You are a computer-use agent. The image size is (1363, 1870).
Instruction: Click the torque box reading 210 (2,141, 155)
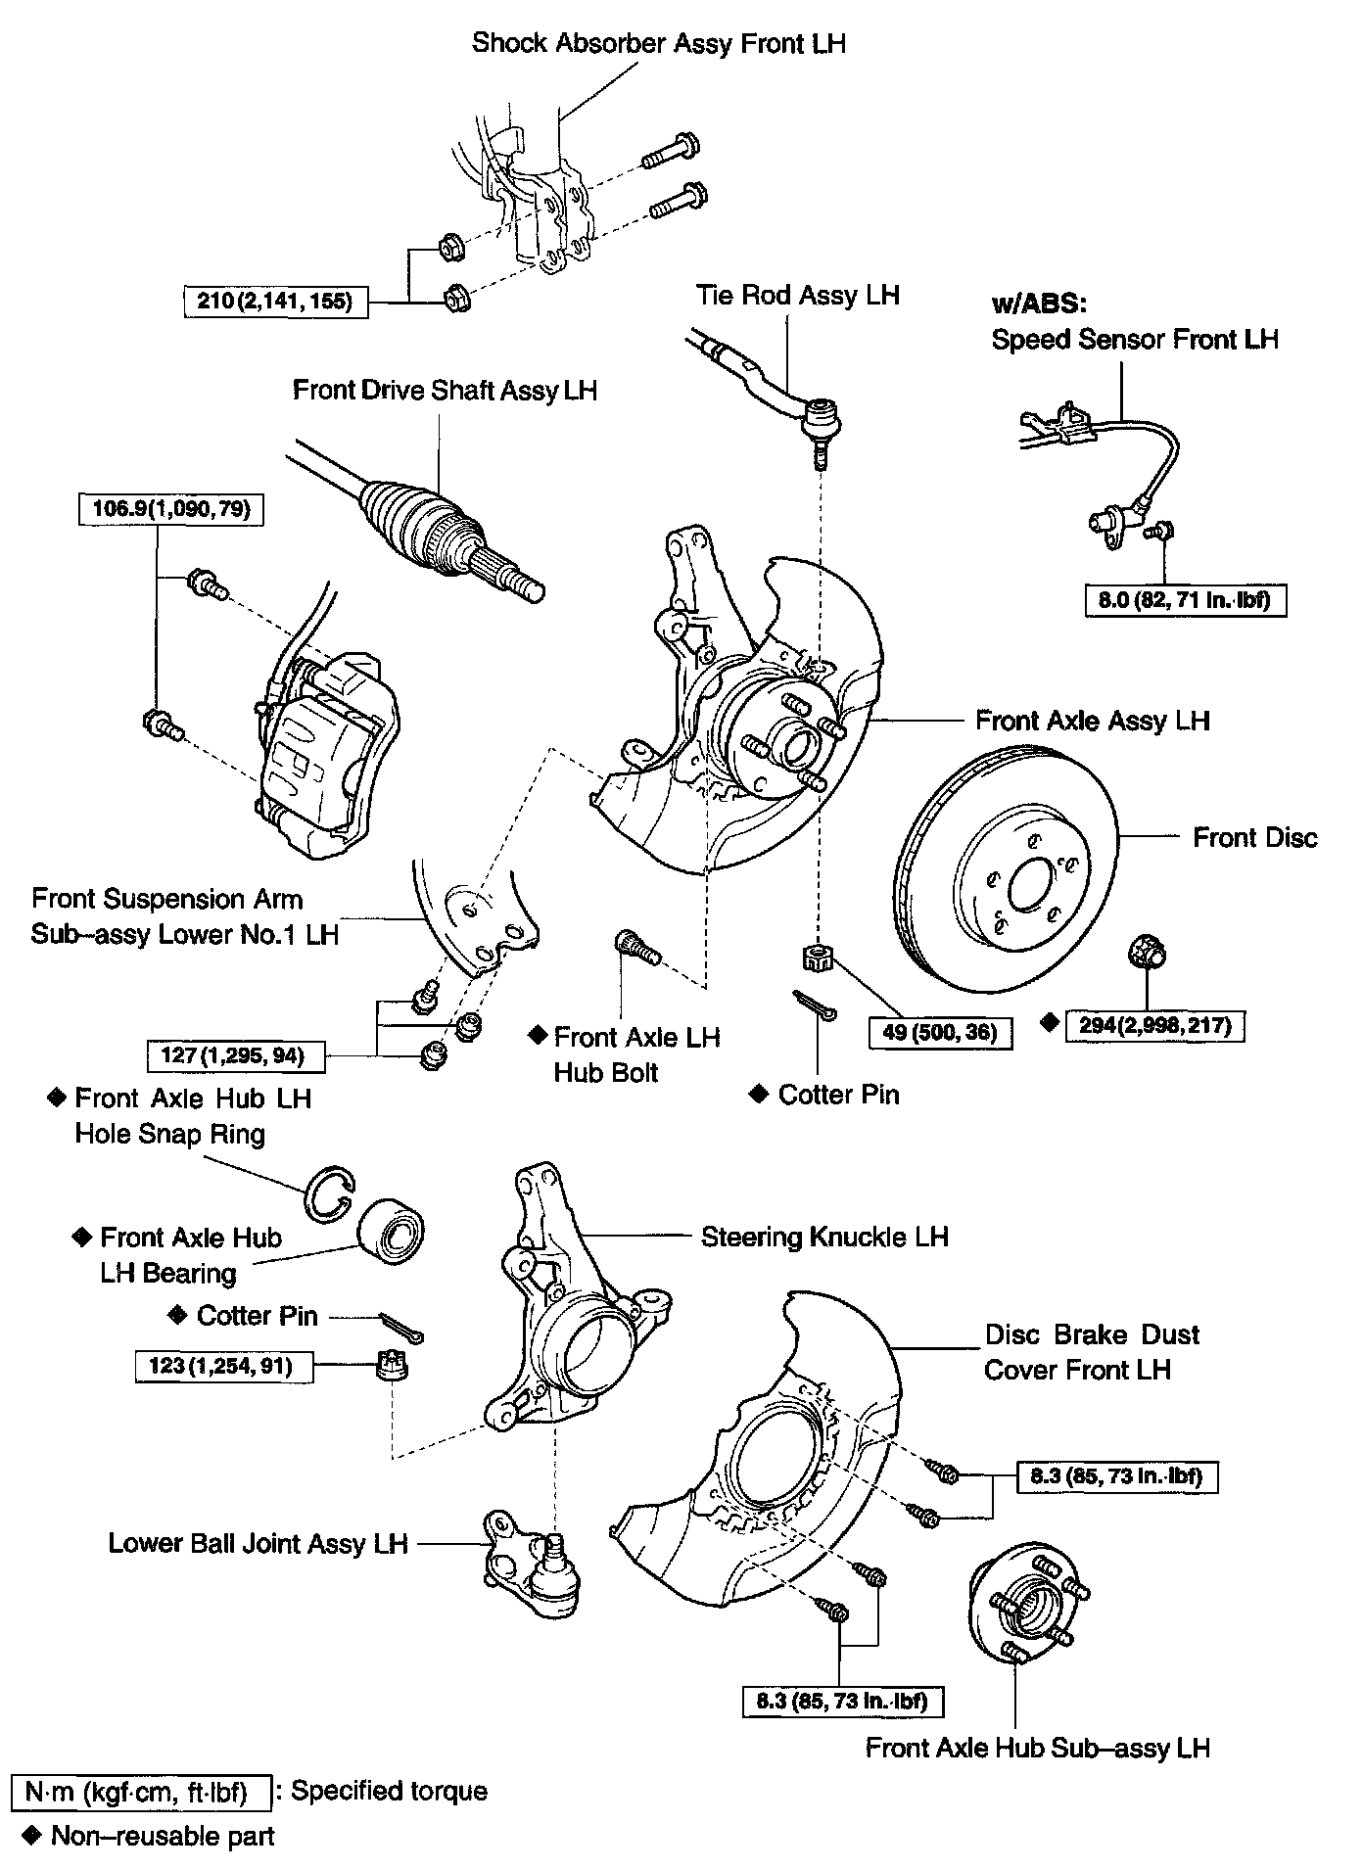point(275,301)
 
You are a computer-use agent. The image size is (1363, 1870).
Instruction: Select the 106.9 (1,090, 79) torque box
point(171,509)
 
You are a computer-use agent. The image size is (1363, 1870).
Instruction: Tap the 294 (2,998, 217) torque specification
point(1154,1026)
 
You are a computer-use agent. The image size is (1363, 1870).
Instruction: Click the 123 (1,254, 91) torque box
point(225,1366)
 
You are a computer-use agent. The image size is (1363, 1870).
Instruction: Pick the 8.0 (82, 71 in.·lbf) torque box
point(1185,599)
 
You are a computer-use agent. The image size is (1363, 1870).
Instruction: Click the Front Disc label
point(1254,838)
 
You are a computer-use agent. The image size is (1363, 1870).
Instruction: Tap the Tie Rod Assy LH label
point(797,295)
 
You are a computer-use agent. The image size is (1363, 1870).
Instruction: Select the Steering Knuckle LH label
point(824,1237)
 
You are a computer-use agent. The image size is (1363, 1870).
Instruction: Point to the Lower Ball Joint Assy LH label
point(258,1544)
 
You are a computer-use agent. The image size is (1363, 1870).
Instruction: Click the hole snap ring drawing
point(330,1195)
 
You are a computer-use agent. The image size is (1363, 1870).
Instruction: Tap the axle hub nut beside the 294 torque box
point(1145,951)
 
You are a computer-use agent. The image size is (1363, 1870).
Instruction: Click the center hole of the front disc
point(1029,886)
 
